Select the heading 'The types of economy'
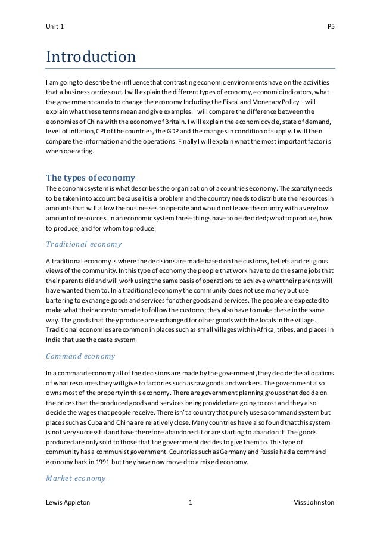tap(91, 177)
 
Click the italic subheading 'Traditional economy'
tap(83, 244)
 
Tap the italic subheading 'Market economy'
tap(76, 478)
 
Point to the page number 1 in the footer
tap(190, 503)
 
